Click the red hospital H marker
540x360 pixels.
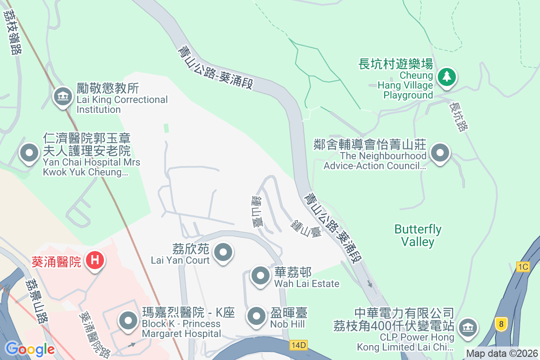click(x=95, y=260)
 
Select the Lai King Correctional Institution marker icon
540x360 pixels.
click(x=63, y=96)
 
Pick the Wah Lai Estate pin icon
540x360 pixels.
click(x=260, y=275)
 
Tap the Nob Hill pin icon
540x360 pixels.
click(x=257, y=315)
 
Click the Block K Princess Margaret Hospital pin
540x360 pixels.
click(x=128, y=321)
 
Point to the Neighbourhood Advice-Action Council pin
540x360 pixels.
click(x=440, y=153)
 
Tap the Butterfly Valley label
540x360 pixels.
click(x=418, y=235)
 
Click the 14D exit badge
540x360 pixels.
click(x=298, y=345)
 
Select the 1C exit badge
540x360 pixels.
click(x=523, y=267)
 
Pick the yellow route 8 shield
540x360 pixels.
click(x=500, y=324)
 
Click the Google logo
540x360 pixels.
click(x=30, y=349)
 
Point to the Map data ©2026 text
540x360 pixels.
click(x=502, y=353)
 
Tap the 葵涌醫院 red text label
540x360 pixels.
click(x=56, y=261)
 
